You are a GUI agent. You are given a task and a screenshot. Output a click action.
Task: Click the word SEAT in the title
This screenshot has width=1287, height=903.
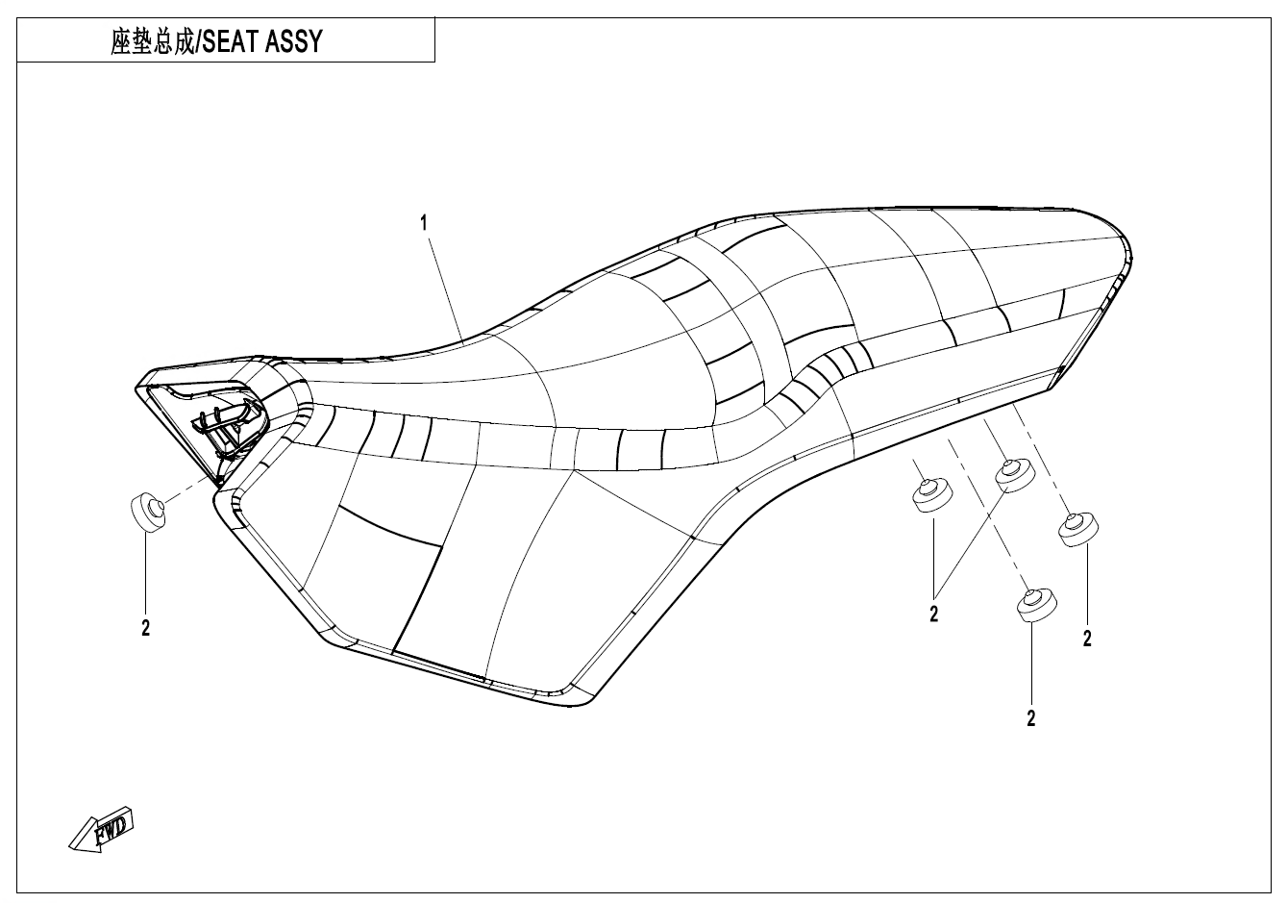coord(230,42)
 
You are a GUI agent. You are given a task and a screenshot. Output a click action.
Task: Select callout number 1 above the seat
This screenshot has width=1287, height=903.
coord(423,223)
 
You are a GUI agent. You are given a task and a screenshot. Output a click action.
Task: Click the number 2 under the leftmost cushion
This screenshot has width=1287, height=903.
coord(146,629)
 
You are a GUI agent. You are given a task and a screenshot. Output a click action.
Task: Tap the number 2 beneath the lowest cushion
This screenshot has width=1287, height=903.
coord(1031,718)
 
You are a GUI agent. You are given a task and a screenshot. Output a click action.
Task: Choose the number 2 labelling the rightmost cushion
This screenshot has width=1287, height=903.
coord(1087,639)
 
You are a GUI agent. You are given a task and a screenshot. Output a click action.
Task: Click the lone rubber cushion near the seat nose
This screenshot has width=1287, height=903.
coord(147,511)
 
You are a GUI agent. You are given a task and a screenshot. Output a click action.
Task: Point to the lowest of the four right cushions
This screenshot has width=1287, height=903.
coord(1035,605)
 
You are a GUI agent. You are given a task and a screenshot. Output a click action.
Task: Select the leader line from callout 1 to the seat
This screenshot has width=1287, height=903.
coord(444,285)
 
